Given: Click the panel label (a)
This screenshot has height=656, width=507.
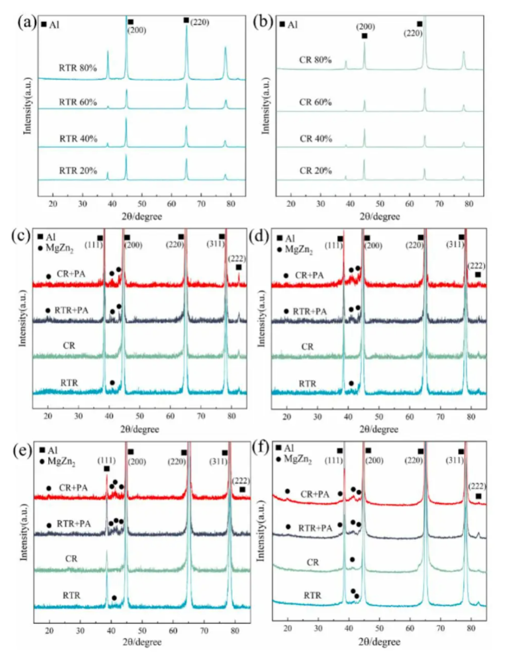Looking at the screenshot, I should pyautogui.click(x=27, y=22).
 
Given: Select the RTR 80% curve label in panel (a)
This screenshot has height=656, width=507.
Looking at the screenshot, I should pyautogui.click(x=78, y=68).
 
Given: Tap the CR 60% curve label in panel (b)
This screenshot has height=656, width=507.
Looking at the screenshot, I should pyautogui.click(x=315, y=102).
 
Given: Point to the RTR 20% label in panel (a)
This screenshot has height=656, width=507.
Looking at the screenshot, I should pyautogui.click(x=78, y=170).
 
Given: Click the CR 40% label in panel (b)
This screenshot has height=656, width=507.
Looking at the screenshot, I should pyautogui.click(x=315, y=139).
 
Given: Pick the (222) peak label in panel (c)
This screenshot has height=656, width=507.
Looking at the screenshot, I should pyautogui.click(x=237, y=258).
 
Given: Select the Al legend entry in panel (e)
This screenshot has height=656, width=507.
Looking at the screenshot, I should pyautogui.click(x=49, y=451).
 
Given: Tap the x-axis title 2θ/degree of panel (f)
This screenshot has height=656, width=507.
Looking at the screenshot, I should pyautogui.click(x=379, y=642).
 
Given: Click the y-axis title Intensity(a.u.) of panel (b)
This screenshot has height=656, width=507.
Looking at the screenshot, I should pyautogui.click(x=265, y=105).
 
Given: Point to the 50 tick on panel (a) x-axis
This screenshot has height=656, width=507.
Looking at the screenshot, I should pyautogui.click(x=142, y=204).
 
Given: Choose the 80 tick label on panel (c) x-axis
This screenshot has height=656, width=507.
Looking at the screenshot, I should pyautogui.click(x=232, y=416).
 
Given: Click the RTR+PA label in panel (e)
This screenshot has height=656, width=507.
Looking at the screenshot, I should pyautogui.click(x=73, y=523).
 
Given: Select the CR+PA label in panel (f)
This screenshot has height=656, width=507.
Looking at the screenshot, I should pyautogui.click(x=314, y=494).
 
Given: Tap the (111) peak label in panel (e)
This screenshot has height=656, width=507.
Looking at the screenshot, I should pyautogui.click(x=106, y=460).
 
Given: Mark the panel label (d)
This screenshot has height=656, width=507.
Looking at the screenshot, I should pyautogui.click(x=260, y=236).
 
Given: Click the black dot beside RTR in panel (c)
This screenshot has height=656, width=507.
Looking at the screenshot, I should pyautogui.click(x=112, y=382).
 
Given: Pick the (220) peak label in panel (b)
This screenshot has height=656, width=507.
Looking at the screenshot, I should pyautogui.click(x=413, y=33).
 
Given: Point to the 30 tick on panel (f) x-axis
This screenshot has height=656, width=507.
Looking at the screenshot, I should pyautogui.click(x=318, y=628).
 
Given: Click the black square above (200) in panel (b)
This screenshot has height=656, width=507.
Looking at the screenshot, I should pyautogui.click(x=365, y=36).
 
